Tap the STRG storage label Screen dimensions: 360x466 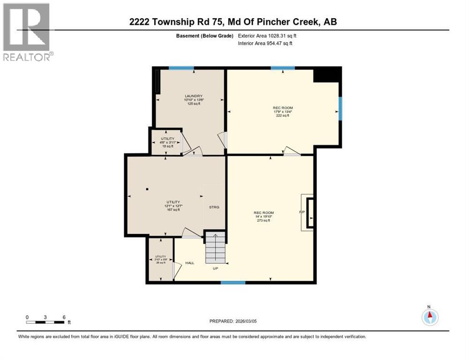click(214, 207)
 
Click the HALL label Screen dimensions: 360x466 click(189, 263)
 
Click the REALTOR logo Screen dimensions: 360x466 click(27, 32)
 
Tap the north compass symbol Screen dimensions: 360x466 click(429, 317)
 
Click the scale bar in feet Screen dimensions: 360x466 click(45, 322)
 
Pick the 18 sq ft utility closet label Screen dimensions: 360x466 click(167, 142)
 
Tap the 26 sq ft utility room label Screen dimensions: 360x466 click(161, 259)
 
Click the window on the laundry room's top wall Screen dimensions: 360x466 click(181, 68)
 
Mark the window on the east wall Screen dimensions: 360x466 click(340, 108)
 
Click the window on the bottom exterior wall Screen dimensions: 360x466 click(233, 283)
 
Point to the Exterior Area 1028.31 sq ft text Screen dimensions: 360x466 click(267, 36)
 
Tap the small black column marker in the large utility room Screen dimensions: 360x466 click(147, 189)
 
